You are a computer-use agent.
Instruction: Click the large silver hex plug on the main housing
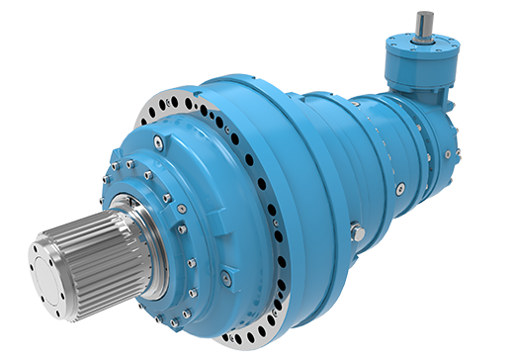(x=357, y=233)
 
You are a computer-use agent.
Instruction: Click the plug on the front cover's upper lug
(x=158, y=144)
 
